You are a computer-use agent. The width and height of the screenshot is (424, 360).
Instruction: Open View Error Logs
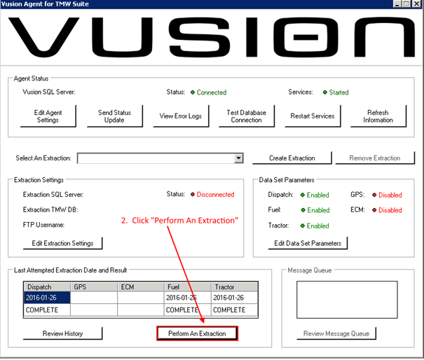point(180,116)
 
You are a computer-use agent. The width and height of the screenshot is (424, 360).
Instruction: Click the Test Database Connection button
point(245,116)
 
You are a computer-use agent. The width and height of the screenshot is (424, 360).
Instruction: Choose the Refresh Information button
point(378,116)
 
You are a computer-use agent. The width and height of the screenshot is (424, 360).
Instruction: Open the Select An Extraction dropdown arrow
point(238,158)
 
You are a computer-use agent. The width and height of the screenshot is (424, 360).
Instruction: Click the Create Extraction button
point(292,158)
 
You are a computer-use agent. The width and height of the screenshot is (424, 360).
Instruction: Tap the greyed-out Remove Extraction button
point(376,158)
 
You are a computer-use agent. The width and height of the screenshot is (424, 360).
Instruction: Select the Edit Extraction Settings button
point(62,243)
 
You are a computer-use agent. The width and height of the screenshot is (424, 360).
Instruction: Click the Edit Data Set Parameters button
point(308,243)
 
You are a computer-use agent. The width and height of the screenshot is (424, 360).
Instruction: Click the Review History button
point(62,333)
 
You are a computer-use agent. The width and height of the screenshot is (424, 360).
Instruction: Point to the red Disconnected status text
point(215,195)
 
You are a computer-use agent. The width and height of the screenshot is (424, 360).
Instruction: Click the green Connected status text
point(211,92)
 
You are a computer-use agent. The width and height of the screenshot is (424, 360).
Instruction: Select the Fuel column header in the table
point(187,286)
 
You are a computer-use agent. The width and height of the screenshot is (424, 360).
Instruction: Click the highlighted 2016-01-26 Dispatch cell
point(47,298)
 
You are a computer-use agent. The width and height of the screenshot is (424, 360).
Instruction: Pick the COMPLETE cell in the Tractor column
point(234,309)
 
